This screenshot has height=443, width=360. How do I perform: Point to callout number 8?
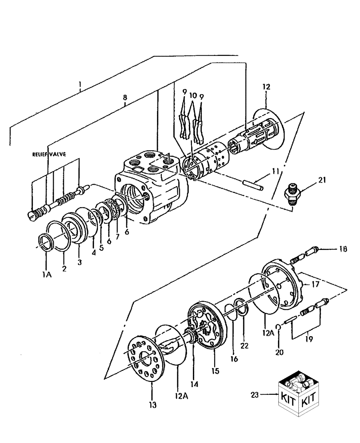coord(125,97)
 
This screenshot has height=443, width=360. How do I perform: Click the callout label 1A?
coord(47,275)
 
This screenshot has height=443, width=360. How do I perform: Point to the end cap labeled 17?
coord(284,288)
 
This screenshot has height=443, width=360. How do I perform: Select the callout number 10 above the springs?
coord(193,95)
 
